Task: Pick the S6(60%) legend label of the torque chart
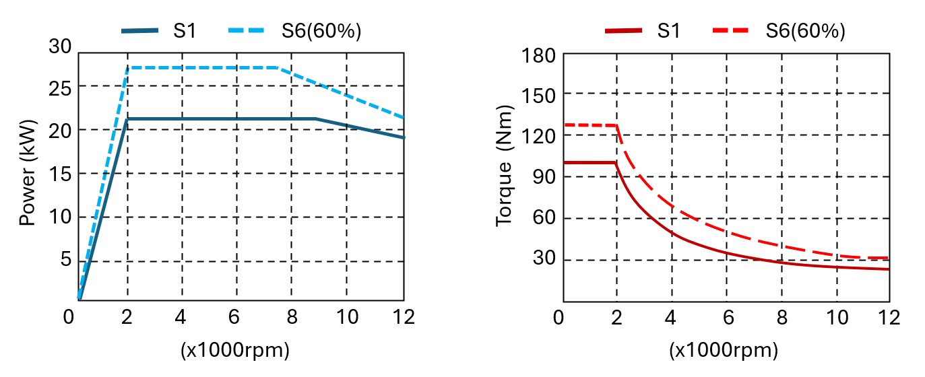tap(805, 31)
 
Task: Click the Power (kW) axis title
tap(28, 173)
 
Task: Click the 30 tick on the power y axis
tap(60, 46)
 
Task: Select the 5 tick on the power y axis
tap(65, 261)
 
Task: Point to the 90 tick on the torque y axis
tap(542, 177)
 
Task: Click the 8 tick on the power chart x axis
tap(292, 317)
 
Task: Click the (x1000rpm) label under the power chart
tap(234, 351)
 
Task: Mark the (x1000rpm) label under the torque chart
tap(724, 351)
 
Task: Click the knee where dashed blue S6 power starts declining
tap(278, 67)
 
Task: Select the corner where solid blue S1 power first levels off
tap(127, 119)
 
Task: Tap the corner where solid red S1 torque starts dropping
tap(616, 162)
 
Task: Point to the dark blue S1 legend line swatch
tap(140, 31)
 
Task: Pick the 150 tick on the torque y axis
tap(537, 94)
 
